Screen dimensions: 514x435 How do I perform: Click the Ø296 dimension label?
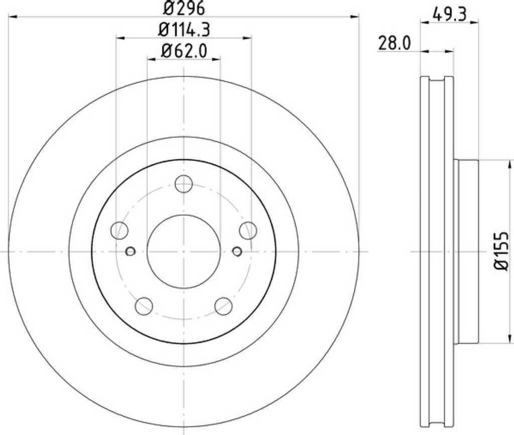(184, 8)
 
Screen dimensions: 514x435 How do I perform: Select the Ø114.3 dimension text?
(184, 30)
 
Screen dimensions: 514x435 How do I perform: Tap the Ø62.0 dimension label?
(184, 51)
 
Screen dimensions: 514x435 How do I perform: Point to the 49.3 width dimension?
(449, 14)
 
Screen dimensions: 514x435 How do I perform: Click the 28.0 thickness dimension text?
(394, 43)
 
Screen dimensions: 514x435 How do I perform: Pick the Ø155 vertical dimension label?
(501, 251)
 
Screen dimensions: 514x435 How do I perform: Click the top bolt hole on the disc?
(184, 184)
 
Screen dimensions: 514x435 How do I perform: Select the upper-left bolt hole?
(119, 230)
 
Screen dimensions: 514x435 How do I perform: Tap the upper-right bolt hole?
(248, 230)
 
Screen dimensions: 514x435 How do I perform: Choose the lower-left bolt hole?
(144, 306)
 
